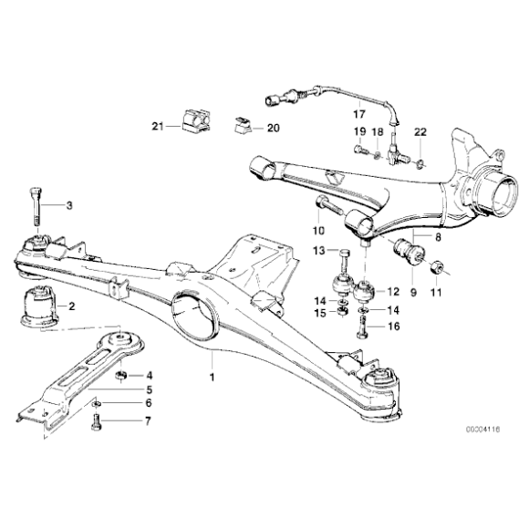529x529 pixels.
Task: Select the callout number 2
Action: [72, 306]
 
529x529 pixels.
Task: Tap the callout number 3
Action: [67, 206]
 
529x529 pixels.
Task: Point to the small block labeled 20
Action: [243, 126]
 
